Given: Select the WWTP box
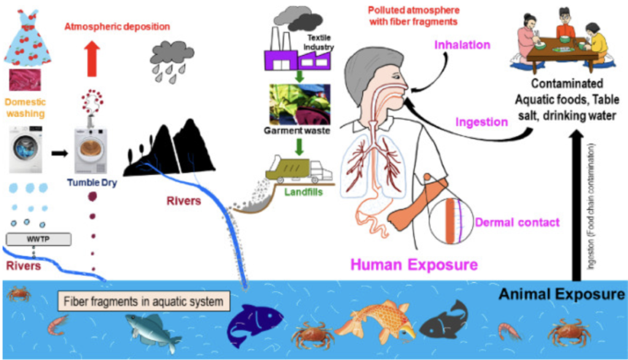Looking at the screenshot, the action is click(x=39, y=239).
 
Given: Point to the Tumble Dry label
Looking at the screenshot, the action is click(x=92, y=183).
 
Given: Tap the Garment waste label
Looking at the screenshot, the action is click(x=297, y=131).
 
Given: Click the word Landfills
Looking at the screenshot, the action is click(x=303, y=192).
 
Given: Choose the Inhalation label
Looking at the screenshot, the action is click(x=462, y=45).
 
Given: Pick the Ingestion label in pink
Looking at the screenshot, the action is click(x=481, y=122).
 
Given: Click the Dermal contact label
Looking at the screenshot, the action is click(x=517, y=223).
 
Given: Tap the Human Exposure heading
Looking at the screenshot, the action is click(x=414, y=265).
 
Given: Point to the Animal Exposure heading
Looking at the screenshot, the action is click(x=562, y=294).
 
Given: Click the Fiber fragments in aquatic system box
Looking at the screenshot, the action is click(x=144, y=301).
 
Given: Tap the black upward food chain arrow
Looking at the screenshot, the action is click(x=576, y=205).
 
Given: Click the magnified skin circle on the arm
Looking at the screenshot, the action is click(x=451, y=221).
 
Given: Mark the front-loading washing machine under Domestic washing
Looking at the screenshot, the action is click(x=26, y=150).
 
